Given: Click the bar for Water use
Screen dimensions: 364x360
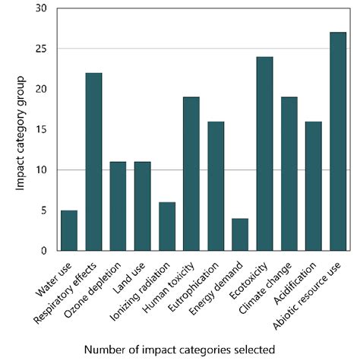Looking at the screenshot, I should click(x=69, y=229).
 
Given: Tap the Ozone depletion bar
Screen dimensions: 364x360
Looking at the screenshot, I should click(x=118, y=205).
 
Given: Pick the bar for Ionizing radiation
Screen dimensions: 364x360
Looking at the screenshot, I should click(x=167, y=226).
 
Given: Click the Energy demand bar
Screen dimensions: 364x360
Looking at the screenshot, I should click(x=240, y=234).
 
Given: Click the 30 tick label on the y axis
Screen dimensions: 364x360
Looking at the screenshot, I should click(x=42, y=8).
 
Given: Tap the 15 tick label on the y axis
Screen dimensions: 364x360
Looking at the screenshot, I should click(x=42, y=129).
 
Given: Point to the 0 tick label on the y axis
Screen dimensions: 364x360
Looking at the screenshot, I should click(x=45, y=250).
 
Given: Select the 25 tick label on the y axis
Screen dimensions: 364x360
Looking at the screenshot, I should click(x=42, y=49).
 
